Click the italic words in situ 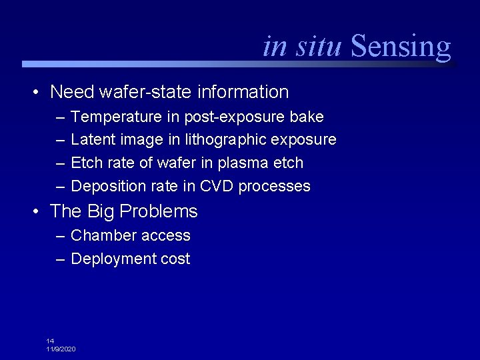(303, 46)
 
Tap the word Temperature (117, 117)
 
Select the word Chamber (101, 236)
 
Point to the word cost (175, 259)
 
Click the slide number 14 (50, 341)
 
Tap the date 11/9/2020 (61, 349)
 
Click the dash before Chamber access (61, 236)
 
